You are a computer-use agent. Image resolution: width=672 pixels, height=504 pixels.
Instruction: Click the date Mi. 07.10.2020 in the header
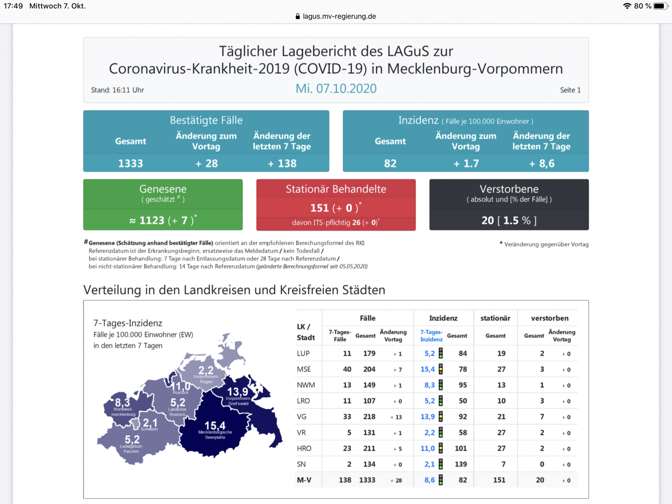336,89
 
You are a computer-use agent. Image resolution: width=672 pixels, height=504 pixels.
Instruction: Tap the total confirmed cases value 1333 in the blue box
131,163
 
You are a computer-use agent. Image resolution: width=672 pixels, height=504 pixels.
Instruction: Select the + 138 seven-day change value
282,163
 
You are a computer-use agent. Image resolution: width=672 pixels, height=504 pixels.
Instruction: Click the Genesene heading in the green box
163,189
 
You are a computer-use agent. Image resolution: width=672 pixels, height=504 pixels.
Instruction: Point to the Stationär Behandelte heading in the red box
336,189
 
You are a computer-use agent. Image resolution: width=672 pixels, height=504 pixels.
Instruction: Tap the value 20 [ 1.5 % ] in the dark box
509,220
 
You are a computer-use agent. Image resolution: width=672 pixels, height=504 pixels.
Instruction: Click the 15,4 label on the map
215,426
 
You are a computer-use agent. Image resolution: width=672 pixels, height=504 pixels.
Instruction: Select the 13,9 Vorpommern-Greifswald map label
238,392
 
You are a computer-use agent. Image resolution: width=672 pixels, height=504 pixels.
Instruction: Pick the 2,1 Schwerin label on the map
150,423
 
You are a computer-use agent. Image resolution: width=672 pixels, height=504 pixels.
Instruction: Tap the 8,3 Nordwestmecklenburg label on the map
122,402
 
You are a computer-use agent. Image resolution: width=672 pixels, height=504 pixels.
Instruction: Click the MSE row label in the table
304,369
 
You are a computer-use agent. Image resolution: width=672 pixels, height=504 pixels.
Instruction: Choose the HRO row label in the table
304,448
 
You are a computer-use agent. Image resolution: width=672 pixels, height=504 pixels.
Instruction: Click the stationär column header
495,318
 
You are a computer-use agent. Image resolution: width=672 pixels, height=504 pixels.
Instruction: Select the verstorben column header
549,318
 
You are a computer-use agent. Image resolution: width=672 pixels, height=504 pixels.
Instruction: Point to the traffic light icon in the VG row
441,416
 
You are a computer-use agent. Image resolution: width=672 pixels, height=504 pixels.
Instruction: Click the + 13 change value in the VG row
396,417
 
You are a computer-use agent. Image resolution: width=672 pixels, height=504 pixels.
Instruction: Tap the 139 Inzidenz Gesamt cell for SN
461,464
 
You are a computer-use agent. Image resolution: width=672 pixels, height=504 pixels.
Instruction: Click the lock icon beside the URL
298,16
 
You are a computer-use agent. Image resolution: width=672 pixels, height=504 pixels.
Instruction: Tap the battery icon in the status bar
660,6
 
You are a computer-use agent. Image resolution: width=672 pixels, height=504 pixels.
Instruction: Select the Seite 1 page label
570,90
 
